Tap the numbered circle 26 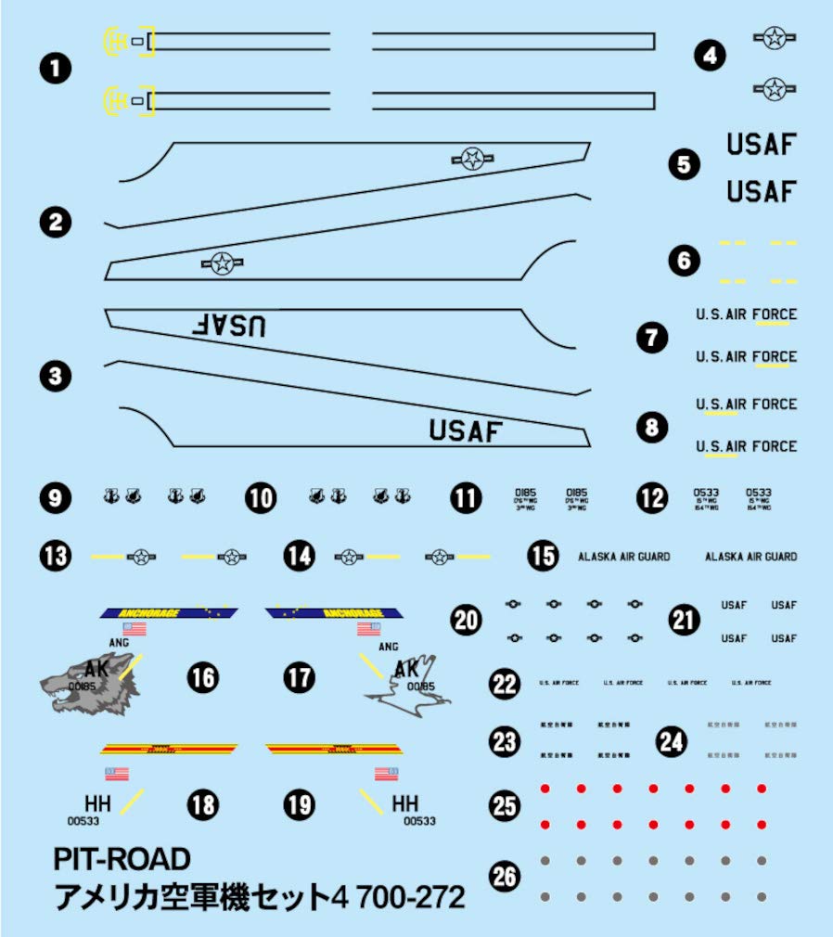pyautogui.click(x=505, y=877)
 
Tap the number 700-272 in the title pyautogui.click(x=404, y=897)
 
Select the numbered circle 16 pyautogui.click(x=202, y=678)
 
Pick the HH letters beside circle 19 pyautogui.click(x=405, y=802)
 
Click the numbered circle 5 pyautogui.click(x=684, y=165)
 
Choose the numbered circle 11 pyautogui.click(x=467, y=498)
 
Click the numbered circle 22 pyautogui.click(x=505, y=685)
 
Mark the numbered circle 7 pyautogui.click(x=652, y=336)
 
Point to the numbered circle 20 pyautogui.click(x=466, y=619)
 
